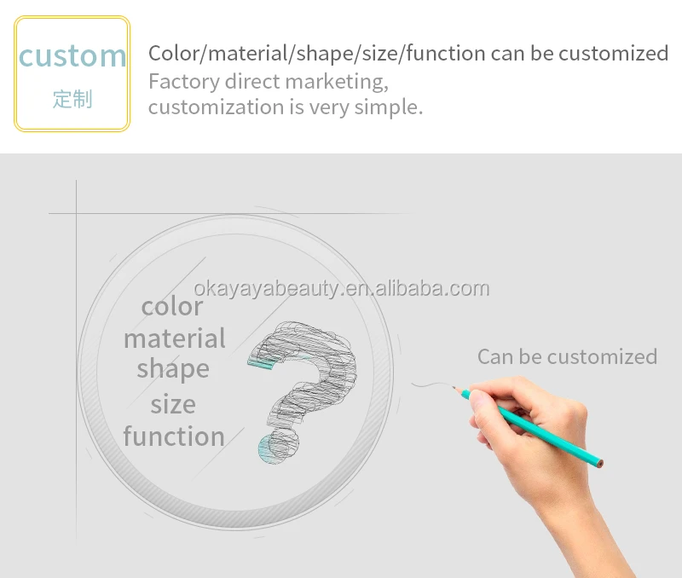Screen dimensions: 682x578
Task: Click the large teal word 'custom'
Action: coord(72,55)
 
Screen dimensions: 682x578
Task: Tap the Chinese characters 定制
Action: coord(72,99)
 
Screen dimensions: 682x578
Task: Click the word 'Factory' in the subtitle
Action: coord(184,82)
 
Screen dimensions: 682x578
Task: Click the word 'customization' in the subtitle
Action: coord(217,107)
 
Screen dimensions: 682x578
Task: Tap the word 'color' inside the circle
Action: coord(172,307)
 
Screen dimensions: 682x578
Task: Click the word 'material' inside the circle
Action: coord(175,338)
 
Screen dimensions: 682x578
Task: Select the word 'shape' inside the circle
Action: coord(173,369)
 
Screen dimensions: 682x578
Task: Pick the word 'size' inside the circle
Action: coord(173,404)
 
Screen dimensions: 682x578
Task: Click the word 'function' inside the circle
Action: coord(174,436)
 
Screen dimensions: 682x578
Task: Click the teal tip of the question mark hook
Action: coord(261,363)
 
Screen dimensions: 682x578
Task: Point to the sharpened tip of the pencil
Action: coord(454,387)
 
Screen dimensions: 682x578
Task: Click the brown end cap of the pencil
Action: coord(600,464)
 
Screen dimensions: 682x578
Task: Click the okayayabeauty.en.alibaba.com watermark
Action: coord(342,288)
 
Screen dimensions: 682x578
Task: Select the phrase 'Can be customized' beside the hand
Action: coord(567,356)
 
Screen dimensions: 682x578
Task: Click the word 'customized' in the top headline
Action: coord(613,54)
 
